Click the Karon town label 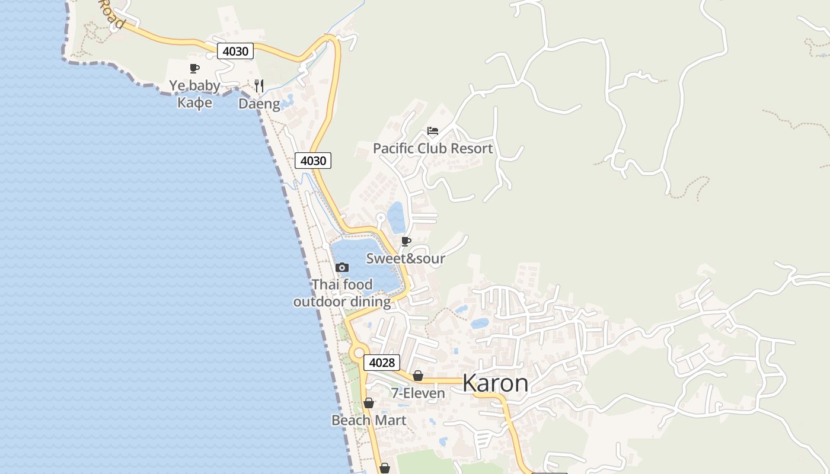pyautogui.click(x=495, y=383)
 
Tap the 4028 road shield pyautogui.click(x=382, y=363)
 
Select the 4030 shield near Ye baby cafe pyautogui.click(x=235, y=51)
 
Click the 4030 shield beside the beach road pyautogui.click(x=313, y=161)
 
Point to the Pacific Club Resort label pyautogui.click(x=433, y=148)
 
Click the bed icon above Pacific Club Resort pyautogui.click(x=433, y=131)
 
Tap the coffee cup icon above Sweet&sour pyautogui.click(x=406, y=241)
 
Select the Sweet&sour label pyautogui.click(x=406, y=258)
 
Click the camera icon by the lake pyautogui.click(x=342, y=268)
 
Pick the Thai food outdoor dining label pyautogui.click(x=342, y=293)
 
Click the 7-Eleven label pyautogui.click(x=418, y=393)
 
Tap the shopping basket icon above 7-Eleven pyautogui.click(x=418, y=376)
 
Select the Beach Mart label pyautogui.click(x=369, y=420)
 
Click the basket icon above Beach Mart pyautogui.click(x=369, y=403)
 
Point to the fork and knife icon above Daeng pyautogui.click(x=259, y=86)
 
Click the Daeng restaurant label pyautogui.click(x=259, y=104)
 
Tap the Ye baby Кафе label pyautogui.click(x=194, y=94)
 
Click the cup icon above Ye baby pyautogui.click(x=194, y=68)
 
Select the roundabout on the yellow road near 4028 pyautogui.click(x=357, y=353)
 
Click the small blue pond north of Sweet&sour pyautogui.click(x=396, y=217)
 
